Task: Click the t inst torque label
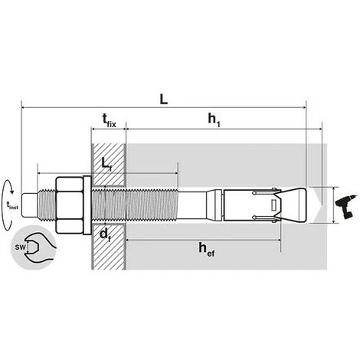point(12,205)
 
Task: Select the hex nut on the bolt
point(69,204)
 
